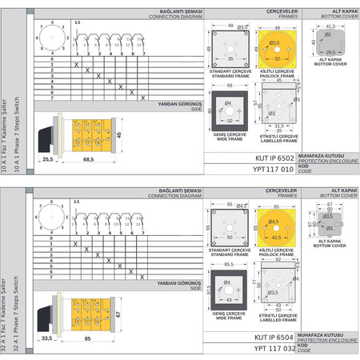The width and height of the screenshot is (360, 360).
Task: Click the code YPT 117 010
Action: pos(272,170)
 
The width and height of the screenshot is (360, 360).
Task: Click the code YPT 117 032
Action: pos(272,349)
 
